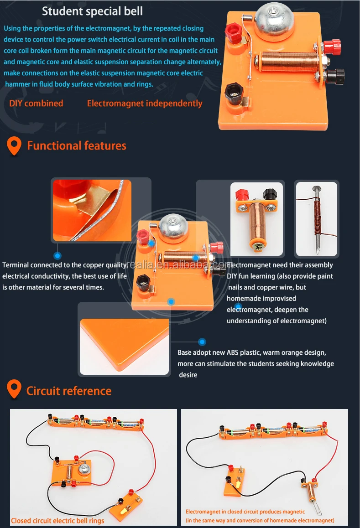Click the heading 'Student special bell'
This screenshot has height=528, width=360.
pyautogui.click(x=92, y=11)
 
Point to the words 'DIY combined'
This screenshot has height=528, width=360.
pyautogui.click(x=36, y=104)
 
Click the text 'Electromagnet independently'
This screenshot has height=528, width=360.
pyautogui.click(x=145, y=104)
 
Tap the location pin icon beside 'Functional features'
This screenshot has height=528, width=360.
pyautogui.click(x=15, y=146)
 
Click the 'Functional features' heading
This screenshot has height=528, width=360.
pyautogui.click(x=77, y=146)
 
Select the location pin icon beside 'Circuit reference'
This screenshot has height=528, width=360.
pyautogui.click(x=15, y=391)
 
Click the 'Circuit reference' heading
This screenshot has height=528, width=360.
pyautogui.click(x=69, y=391)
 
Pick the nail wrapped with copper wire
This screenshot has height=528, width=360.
pyautogui.click(x=316, y=219)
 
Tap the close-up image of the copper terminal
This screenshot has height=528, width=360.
pyautogui.click(x=92, y=210)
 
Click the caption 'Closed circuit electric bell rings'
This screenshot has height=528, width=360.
pyautogui.click(x=57, y=520)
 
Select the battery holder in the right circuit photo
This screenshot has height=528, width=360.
pyautogui.click(x=273, y=431)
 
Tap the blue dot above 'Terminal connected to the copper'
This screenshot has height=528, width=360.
pyautogui.click(x=57, y=256)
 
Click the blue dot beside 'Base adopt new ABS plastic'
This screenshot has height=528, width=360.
pyautogui.click(x=202, y=341)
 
